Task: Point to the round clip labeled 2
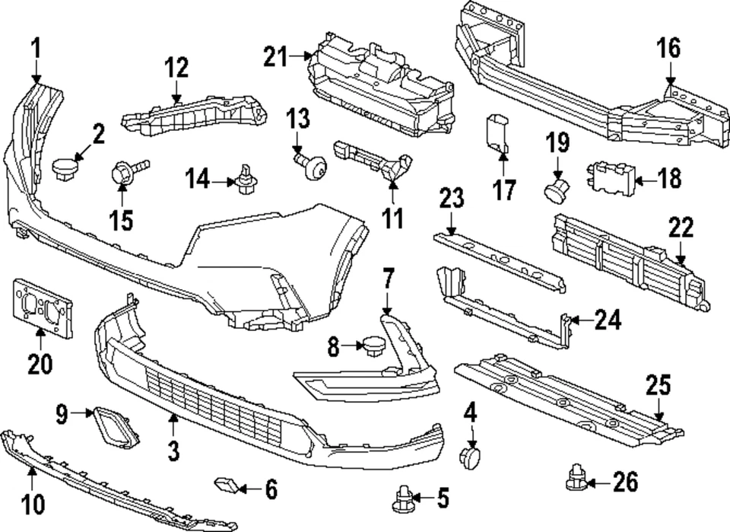68,167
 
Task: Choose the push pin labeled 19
558,189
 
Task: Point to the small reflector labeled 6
227,483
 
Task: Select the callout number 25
659,386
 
